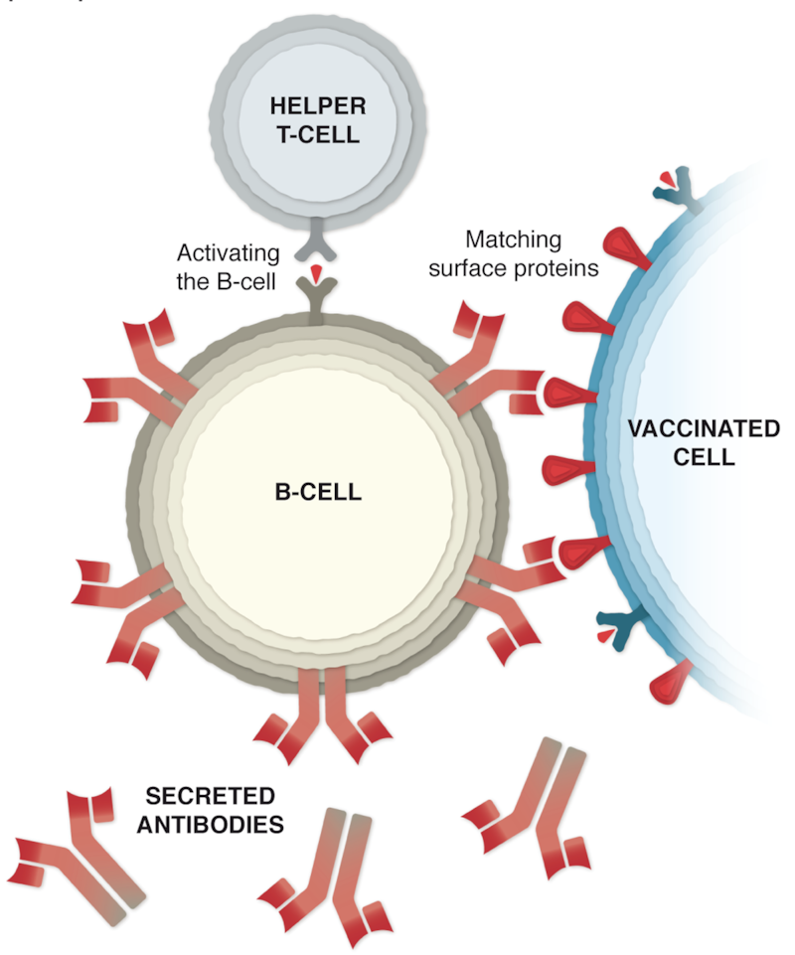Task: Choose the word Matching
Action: (513, 239)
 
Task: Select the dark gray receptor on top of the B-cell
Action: (316, 299)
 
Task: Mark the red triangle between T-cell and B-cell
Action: (316, 271)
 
